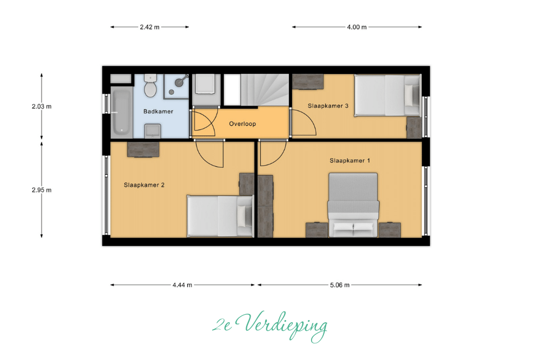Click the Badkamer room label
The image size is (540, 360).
point(158,112)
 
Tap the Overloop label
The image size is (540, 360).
point(242,124)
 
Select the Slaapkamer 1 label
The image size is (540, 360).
point(349,161)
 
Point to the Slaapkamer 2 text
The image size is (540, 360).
point(144,185)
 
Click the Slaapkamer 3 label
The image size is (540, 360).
point(328,106)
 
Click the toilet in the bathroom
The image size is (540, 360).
point(150,85)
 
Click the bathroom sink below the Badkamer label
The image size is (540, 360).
point(153,131)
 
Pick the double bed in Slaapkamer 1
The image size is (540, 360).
point(353,205)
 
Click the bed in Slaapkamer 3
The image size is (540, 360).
point(388,96)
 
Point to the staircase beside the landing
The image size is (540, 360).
point(256,90)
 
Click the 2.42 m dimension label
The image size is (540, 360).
point(150,27)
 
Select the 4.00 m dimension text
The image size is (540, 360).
point(357,27)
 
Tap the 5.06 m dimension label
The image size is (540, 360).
point(340,285)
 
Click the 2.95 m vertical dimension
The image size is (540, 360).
point(42,190)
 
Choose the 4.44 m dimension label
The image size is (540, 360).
point(182,285)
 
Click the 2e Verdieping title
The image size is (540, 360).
point(269,325)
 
